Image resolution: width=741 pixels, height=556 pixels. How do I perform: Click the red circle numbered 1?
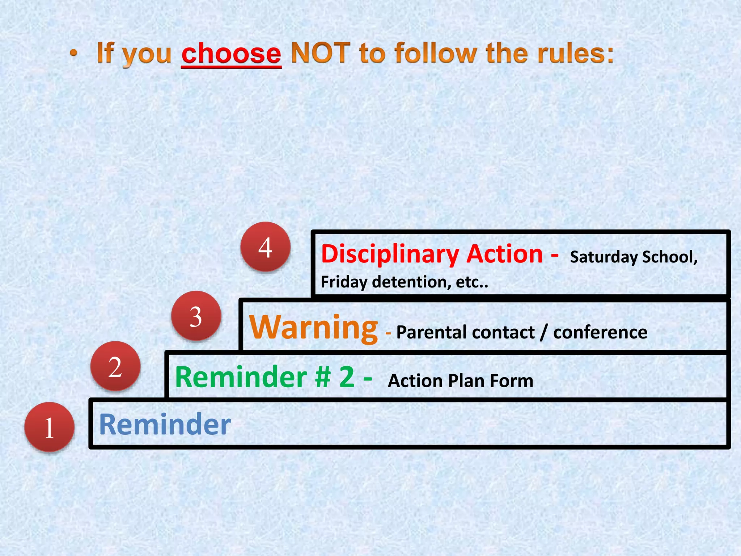(50, 427)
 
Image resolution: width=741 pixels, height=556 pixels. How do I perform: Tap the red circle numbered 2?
(115, 366)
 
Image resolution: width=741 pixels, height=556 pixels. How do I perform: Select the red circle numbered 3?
(196, 316)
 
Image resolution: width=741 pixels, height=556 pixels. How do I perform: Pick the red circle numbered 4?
(266, 247)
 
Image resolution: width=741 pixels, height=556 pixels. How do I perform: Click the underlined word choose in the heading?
(231, 53)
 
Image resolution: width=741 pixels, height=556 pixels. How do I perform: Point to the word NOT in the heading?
(321, 53)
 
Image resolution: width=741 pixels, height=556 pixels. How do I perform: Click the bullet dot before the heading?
(74, 54)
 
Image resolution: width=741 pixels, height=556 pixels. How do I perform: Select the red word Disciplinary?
(390, 254)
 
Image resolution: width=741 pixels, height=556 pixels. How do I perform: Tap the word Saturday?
(604, 257)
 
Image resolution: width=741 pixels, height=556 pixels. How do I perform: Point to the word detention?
(411, 282)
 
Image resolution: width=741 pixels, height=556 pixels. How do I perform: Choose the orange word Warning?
(314, 328)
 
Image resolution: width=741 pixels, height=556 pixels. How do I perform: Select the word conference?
(600, 332)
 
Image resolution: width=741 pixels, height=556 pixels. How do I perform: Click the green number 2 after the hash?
(347, 377)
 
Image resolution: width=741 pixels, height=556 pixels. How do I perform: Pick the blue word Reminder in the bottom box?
(165, 424)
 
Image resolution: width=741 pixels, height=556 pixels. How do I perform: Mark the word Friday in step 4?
(344, 282)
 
